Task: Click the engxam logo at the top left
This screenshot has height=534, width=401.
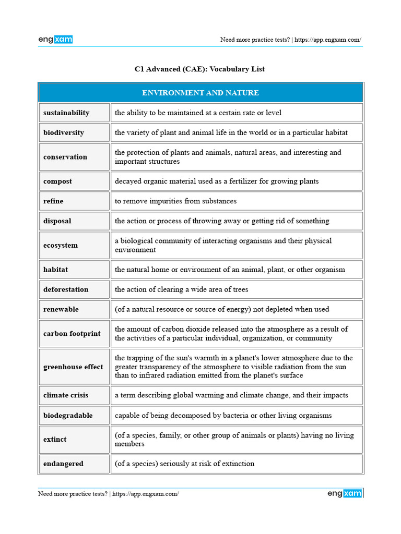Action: point(55,39)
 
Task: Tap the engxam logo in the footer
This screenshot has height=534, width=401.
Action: point(345,493)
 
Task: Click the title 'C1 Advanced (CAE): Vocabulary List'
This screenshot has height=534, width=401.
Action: point(200,69)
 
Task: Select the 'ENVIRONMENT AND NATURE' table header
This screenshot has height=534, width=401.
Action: point(200,93)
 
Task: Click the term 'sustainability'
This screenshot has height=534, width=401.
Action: point(66,113)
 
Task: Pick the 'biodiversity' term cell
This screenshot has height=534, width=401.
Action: point(64,132)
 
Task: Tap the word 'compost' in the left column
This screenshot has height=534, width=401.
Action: point(58,181)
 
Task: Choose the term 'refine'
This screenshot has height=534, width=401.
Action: point(53,201)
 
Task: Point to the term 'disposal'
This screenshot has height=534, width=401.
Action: point(57,221)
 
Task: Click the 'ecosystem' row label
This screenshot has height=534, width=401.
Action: point(61,246)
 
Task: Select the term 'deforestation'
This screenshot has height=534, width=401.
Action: point(66,289)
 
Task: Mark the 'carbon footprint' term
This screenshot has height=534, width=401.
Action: point(72,334)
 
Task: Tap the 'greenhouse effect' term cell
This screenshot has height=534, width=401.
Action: point(73,367)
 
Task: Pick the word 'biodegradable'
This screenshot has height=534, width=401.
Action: point(68,416)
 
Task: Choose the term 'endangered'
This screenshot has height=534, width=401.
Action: point(63,464)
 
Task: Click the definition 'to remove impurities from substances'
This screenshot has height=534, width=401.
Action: point(176,201)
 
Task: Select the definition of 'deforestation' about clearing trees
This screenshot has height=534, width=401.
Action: point(182,289)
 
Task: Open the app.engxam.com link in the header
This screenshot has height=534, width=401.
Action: point(327,40)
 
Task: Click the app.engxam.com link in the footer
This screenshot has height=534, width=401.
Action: point(146,494)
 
